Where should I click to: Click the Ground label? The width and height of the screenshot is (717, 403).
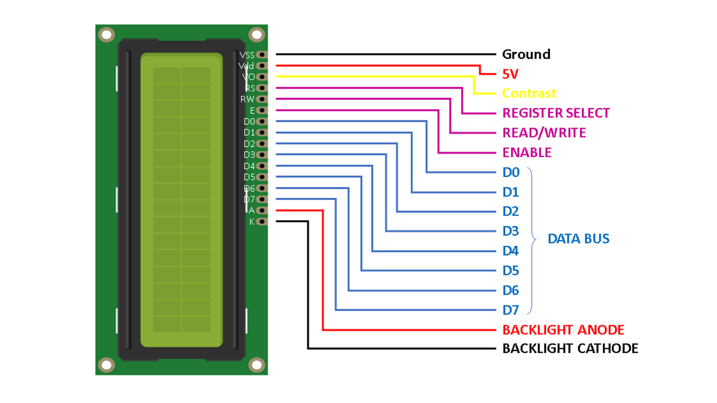tap(526, 54)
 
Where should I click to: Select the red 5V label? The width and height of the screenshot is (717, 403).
tap(511, 74)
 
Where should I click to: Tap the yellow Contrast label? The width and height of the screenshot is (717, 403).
tap(529, 93)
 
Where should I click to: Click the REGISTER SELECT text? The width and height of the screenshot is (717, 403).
tap(556, 113)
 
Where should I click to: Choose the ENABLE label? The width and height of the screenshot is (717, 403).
tap(527, 152)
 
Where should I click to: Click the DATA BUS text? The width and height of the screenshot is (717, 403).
tap(578, 239)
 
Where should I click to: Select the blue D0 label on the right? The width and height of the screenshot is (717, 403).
tap(510, 172)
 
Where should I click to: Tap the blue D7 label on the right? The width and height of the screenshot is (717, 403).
tap(510, 310)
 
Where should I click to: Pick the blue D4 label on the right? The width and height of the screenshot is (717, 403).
tap(510, 251)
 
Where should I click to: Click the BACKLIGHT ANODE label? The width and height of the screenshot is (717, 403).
tap(563, 330)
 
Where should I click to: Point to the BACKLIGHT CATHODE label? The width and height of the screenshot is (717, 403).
tap(570, 349)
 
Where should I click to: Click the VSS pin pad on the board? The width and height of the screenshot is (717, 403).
tap(262, 55)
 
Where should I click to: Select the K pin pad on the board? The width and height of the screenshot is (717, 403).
tap(262, 222)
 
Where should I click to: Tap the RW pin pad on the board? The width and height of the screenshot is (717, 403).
tap(262, 99)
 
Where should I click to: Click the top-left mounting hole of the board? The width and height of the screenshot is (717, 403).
tap(106, 35)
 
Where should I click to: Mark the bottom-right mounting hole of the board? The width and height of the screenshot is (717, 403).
tap(257, 365)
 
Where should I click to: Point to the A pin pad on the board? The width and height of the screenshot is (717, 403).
tap(262, 210)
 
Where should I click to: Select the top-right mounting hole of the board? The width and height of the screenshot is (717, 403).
tap(257, 35)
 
